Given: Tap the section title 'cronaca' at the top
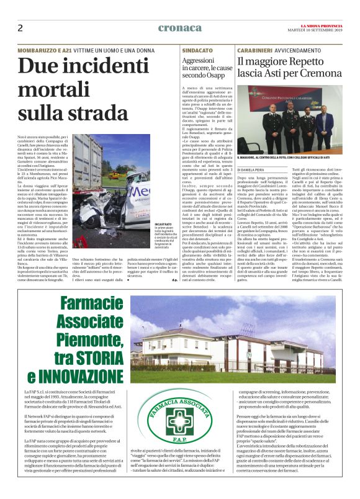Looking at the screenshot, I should (x=180, y=28).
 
